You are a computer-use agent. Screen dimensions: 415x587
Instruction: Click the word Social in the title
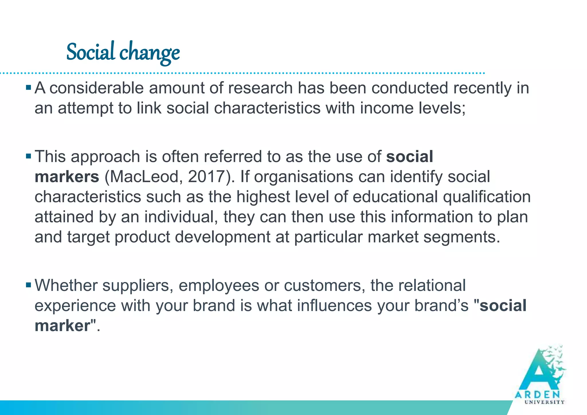pyautogui.click(x=91, y=52)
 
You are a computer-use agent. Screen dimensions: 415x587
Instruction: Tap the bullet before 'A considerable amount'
pyautogui.click(x=28, y=87)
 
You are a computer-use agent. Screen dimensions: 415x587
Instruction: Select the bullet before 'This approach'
pyautogui.click(x=28, y=156)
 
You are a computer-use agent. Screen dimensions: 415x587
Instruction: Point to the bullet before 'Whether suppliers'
pyautogui.click(x=28, y=285)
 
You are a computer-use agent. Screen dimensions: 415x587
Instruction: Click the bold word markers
pyautogui.click(x=67, y=177)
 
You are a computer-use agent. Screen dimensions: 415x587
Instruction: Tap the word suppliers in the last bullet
pyautogui.click(x=138, y=286)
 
